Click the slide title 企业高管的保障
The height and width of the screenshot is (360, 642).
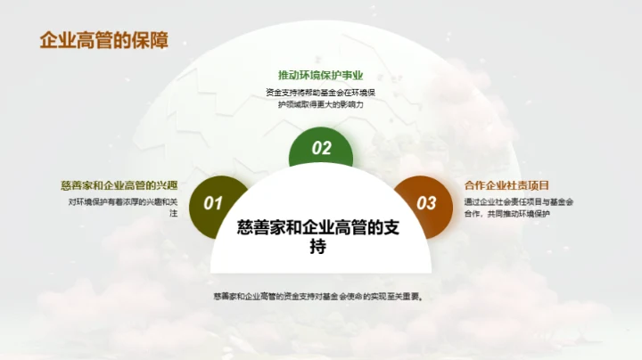pyautogui.click(x=104, y=41)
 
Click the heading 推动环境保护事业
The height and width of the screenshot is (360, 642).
pyautogui.click(x=321, y=75)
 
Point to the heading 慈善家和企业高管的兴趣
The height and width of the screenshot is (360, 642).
pyautogui.click(x=119, y=185)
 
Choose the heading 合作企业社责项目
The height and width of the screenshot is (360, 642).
pyautogui.click(x=513, y=185)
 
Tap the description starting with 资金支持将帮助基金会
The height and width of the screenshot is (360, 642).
pyautogui.click(x=321, y=98)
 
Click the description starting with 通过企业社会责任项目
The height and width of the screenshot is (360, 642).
pyautogui.click(x=518, y=208)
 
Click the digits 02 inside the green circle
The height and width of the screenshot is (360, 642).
pyautogui.click(x=321, y=148)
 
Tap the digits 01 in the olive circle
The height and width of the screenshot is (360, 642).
pyautogui.click(x=213, y=203)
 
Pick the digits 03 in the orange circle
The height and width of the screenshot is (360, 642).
pyautogui.click(x=427, y=203)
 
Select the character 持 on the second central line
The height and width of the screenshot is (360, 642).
pyautogui.click(x=320, y=248)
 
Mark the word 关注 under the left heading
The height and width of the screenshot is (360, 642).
pyautogui.click(x=169, y=214)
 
